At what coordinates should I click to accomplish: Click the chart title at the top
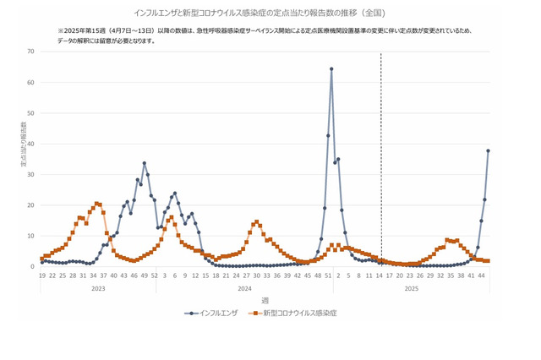pos(270,14)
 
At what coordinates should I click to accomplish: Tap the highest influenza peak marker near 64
pos(331,69)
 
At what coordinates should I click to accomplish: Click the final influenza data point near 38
pos(488,150)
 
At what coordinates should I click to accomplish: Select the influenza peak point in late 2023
pos(144,163)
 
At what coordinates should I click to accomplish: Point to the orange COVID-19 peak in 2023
pos(96,203)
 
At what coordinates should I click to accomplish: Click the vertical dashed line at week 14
pos(380,161)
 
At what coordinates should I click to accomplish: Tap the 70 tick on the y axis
pos(30,52)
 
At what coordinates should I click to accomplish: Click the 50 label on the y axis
pos(30,113)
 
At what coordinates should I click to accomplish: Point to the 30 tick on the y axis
pos(30,175)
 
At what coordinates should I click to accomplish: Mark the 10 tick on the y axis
pos(30,236)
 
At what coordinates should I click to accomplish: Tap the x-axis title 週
pos(265,300)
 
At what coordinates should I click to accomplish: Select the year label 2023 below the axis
pos(97,288)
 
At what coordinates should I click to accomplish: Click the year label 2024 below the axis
pos(244,288)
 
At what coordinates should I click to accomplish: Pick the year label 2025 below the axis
pos(412,288)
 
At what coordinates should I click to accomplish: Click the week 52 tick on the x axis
pos(154,275)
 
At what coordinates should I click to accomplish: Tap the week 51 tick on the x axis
pos(328,275)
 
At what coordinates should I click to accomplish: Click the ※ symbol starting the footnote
pos(61,30)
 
